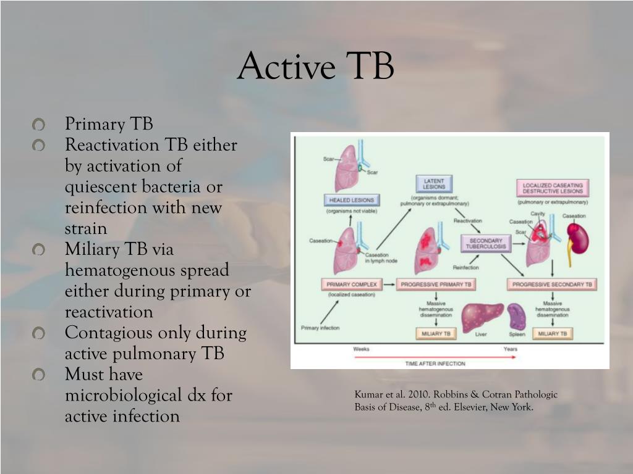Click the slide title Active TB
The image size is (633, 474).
pos(315,66)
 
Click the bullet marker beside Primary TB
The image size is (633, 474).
pos(39,125)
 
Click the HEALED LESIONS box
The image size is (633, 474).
pos(351,200)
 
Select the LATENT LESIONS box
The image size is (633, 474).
pos(434,184)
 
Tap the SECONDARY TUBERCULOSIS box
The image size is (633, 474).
pos(486,244)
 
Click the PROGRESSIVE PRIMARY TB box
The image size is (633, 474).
pos(436,285)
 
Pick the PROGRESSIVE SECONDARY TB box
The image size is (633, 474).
pos(551,285)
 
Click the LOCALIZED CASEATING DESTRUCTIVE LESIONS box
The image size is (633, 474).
pos(553,188)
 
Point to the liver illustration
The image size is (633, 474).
pos(483,317)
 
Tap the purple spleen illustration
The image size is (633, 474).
pos(516,317)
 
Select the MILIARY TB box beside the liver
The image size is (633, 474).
pos(436,334)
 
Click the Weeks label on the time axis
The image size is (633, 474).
pos(361,349)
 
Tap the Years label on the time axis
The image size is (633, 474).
pos(511,349)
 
